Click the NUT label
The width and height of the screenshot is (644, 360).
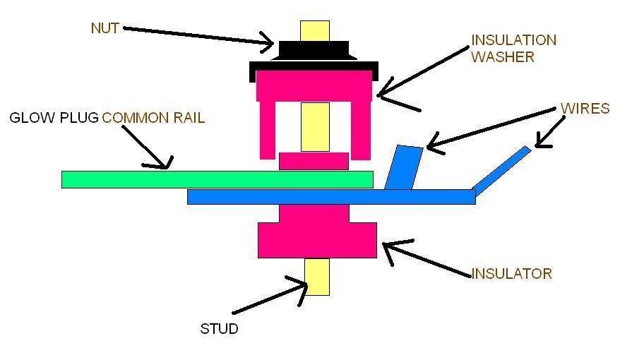click(x=105, y=28)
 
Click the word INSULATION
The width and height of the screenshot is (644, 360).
click(x=513, y=40)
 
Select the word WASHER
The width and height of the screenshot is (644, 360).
click(x=503, y=57)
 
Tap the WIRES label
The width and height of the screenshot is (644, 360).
click(x=585, y=109)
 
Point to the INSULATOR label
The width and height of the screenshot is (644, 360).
click(x=511, y=274)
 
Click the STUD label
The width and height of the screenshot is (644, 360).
click(x=219, y=329)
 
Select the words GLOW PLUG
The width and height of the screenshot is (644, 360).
click(x=54, y=118)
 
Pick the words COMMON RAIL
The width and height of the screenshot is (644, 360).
click(x=153, y=118)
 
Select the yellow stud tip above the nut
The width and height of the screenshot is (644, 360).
click(x=314, y=30)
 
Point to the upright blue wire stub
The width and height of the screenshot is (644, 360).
click(x=404, y=168)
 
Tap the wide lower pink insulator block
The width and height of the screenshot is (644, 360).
click(x=317, y=240)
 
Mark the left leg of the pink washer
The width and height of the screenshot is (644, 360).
click(x=268, y=131)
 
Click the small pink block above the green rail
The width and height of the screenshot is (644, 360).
click(x=314, y=161)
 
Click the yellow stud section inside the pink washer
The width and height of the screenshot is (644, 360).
click(x=315, y=126)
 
